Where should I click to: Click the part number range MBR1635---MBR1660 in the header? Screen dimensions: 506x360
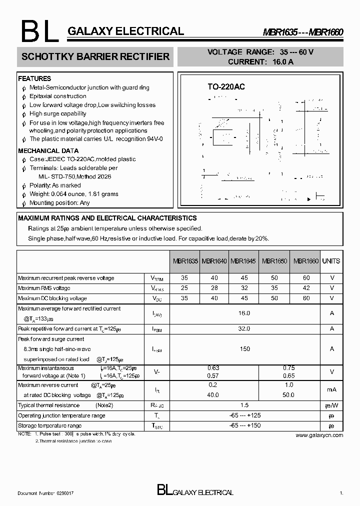[x=303, y=32]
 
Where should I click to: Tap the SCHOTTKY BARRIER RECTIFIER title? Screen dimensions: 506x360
[x=95, y=57]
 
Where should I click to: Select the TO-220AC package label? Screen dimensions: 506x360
[x=226, y=87]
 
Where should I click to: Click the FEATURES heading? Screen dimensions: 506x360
[x=34, y=78]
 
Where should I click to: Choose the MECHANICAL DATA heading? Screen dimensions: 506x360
[x=48, y=150]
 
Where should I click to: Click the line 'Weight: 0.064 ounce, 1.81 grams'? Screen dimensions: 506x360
[x=73, y=194]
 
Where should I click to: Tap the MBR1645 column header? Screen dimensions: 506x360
[x=244, y=261]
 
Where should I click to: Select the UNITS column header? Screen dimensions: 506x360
[x=331, y=261]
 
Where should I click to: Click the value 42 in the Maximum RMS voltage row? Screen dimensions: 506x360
[x=306, y=288]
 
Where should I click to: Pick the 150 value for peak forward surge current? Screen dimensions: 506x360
[x=244, y=349]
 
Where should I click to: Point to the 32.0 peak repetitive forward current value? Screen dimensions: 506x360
[x=244, y=328]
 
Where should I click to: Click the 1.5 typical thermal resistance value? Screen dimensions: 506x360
[x=244, y=405]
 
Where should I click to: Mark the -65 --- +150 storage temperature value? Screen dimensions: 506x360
[x=244, y=425]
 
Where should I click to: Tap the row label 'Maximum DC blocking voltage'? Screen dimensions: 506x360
[x=52, y=298]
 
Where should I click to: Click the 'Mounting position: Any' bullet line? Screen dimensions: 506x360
[x=59, y=203]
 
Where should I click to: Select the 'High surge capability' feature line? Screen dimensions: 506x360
[x=57, y=114]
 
